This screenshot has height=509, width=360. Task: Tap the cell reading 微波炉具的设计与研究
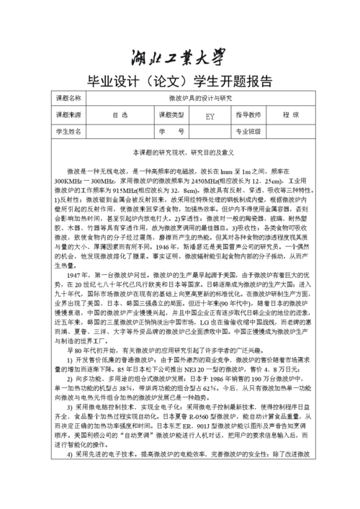tap(201, 98)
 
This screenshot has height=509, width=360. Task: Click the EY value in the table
tap(210, 115)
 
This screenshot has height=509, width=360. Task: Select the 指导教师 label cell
tap(248, 114)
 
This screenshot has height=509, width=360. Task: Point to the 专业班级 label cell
tap(248, 132)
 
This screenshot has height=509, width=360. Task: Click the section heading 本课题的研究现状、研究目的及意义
tap(180, 153)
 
